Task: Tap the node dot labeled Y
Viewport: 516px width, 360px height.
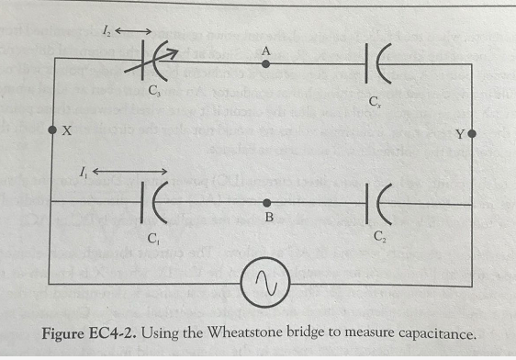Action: tap(472, 134)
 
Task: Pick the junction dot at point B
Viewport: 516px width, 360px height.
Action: tap(267, 201)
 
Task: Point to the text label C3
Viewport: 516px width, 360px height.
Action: tap(154, 93)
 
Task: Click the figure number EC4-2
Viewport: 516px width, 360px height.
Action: tap(110, 333)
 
